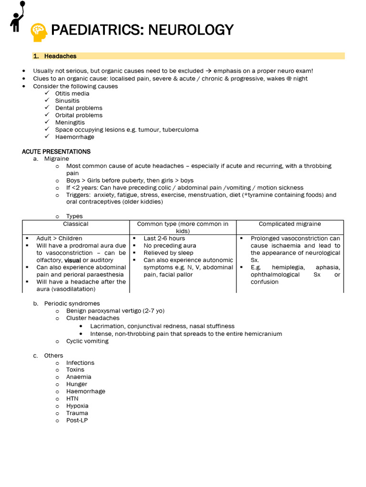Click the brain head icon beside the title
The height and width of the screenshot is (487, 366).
click(39, 31)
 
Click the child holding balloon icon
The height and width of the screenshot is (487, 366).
click(18, 16)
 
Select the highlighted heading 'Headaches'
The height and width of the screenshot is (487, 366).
click(60, 56)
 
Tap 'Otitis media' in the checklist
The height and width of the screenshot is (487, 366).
click(72, 94)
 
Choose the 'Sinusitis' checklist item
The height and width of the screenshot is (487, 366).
click(67, 101)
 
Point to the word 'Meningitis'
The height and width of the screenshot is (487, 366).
click(70, 123)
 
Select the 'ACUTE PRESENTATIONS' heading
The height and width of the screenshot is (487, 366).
click(56, 152)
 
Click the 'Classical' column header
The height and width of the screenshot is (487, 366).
click(76, 224)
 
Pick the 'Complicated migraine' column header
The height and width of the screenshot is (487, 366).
click(290, 224)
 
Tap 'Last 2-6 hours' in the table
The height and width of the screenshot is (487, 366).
click(164, 238)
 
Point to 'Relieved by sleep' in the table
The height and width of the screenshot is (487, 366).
click(168, 253)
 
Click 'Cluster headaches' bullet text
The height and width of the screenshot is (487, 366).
click(93, 318)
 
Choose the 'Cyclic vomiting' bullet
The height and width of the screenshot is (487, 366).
click(87, 341)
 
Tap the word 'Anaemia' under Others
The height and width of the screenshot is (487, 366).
click(79, 377)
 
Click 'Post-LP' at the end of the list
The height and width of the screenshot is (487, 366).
click(77, 420)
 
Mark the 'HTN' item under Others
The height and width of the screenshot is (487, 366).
click(72, 399)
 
